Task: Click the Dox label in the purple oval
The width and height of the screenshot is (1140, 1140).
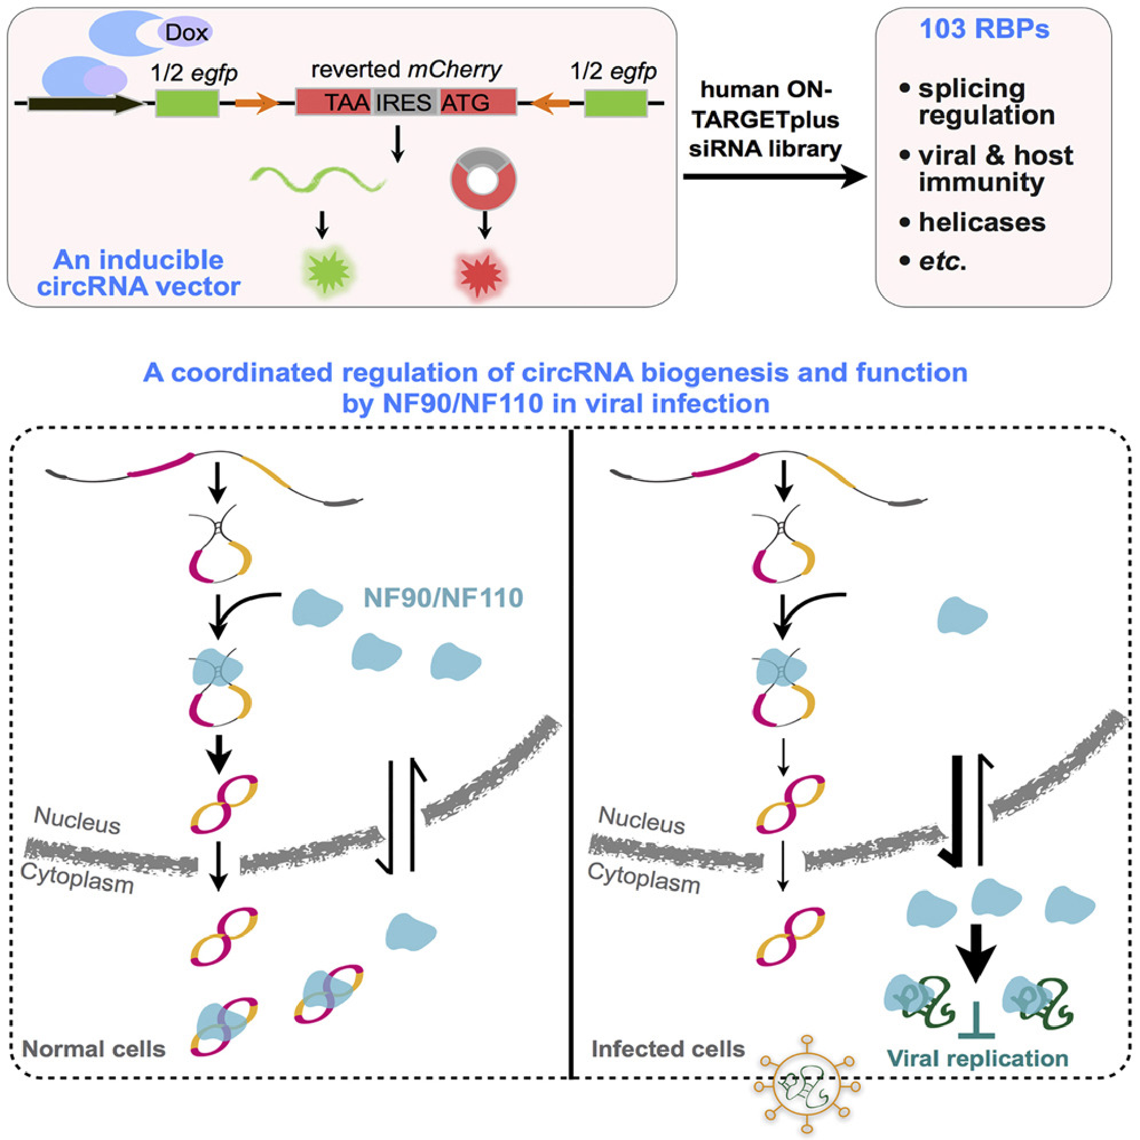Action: coord(186,32)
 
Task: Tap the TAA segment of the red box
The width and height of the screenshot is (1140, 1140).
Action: coord(347,103)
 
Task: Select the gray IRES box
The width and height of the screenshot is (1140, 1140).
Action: coord(404,103)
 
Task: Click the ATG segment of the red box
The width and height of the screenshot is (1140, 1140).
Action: coord(466,103)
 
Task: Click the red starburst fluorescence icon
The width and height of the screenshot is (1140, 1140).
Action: coord(481,276)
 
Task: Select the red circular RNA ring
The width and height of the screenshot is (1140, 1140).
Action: coord(483,179)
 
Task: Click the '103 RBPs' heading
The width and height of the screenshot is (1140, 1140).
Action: coord(984,29)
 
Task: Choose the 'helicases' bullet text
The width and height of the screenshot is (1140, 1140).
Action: coord(982,223)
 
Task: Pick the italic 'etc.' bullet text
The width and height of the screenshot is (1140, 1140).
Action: coord(942,261)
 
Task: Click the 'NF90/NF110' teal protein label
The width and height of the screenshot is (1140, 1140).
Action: coord(443,598)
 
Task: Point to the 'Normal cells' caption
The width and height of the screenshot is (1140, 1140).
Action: coord(94,1049)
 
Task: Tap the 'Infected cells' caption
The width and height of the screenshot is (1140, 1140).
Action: coord(668,1049)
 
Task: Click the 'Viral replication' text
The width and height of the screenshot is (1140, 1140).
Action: coord(977,1058)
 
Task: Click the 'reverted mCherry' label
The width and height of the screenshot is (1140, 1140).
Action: coord(406,70)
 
